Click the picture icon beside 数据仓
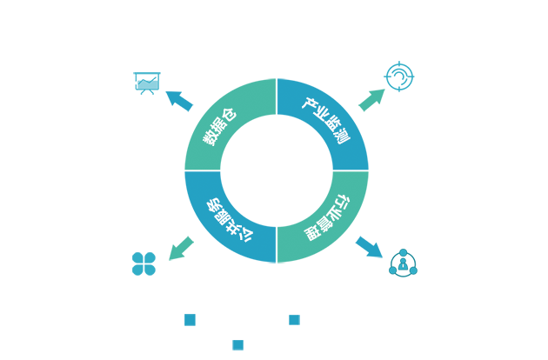click(x=147, y=83)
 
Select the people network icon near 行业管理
click(x=403, y=263)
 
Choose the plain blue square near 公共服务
click(x=144, y=263)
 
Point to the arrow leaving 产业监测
click(x=370, y=96)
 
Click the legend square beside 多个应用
click(x=238, y=344)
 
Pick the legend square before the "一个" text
click(x=190, y=320)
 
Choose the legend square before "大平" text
click(x=295, y=320)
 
